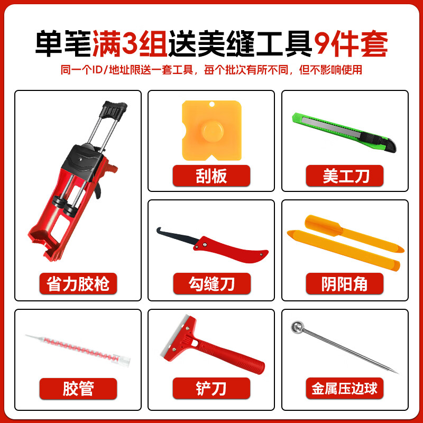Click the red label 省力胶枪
[x=78, y=284]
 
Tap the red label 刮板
[x=212, y=174]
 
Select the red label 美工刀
[x=345, y=174]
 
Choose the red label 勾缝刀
[x=212, y=284]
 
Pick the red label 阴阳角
[x=345, y=284]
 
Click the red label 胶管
[x=78, y=390]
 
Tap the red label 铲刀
[x=212, y=390]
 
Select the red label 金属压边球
[x=345, y=390]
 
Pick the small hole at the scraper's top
[x=211, y=105]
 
